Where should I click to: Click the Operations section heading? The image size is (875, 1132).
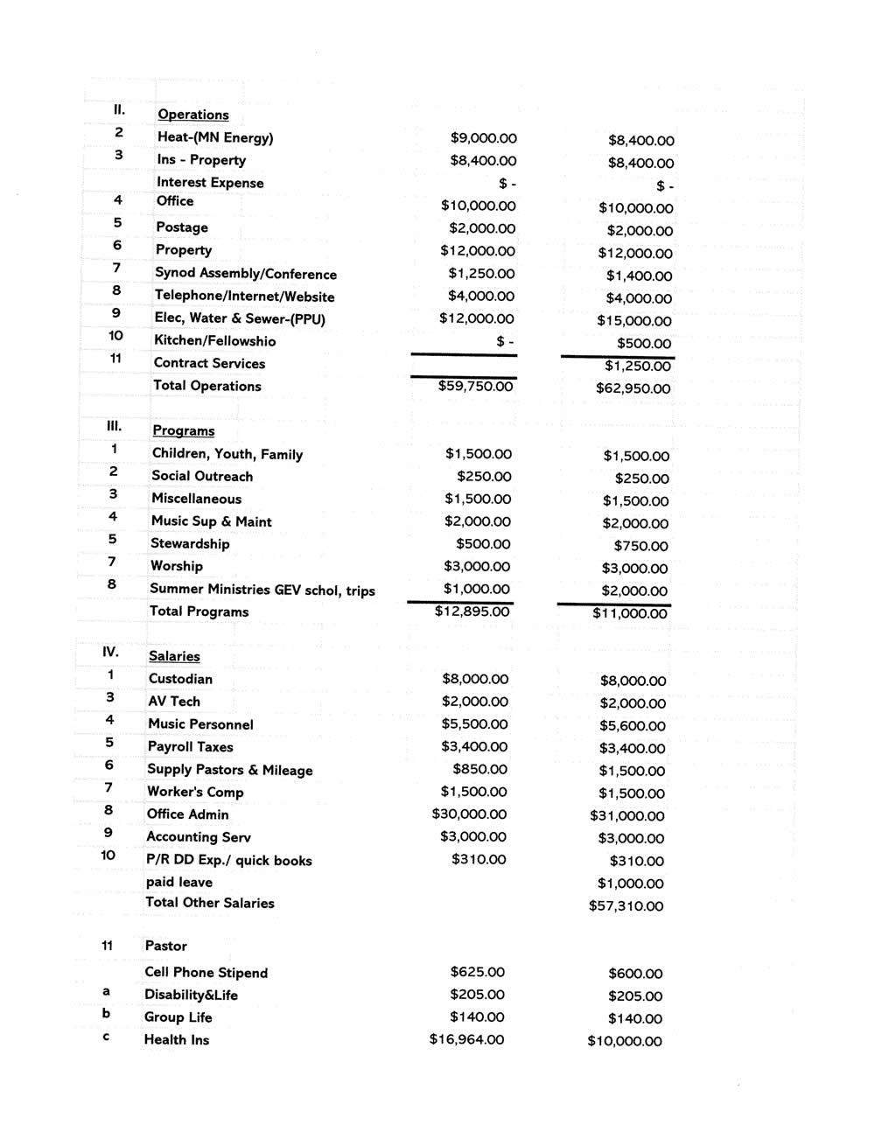[192, 115]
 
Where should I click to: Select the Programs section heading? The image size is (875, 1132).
[183, 430]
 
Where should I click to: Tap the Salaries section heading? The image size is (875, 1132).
[174, 656]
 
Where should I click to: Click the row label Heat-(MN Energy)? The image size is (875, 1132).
[214, 137]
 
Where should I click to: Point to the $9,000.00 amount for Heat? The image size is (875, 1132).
[483, 138]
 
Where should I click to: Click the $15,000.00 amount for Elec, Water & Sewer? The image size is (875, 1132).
[634, 321]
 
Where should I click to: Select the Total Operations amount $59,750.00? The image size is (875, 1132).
[475, 386]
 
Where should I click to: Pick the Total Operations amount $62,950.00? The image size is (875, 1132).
[633, 388]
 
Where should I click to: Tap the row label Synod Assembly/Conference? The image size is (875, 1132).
[245, 274]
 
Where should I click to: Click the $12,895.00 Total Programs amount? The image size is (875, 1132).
[472, 611]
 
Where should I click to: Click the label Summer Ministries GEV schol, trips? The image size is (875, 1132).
[262, 590]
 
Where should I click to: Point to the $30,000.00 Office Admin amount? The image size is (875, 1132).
[469, 814]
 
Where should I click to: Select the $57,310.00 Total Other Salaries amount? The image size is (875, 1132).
[626, 906]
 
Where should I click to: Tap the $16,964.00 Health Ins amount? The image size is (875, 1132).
[466, 1040]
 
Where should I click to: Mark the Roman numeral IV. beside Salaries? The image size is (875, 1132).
[110, 652]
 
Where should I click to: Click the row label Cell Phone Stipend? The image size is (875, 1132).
[206, 973]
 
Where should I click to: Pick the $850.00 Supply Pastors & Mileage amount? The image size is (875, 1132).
[479, 769]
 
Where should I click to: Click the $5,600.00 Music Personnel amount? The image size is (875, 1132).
[632, 726]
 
